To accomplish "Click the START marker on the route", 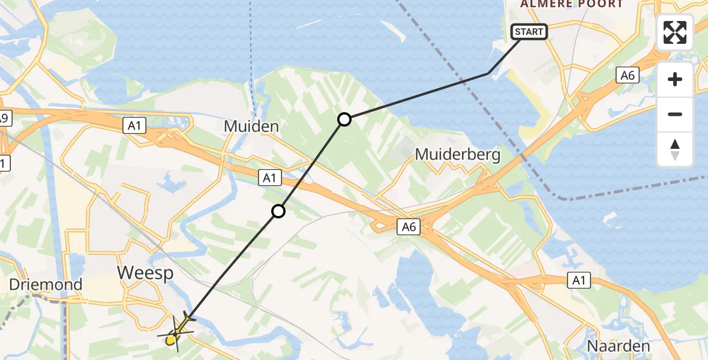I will pyautogui.click(x=529, y=32).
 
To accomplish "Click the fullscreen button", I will pyautogui.click(x=675, y=32).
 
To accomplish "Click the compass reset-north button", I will pyautogui.click(x=675, y=149).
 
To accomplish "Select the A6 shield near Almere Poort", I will pyautogui.click(x=628, y=75).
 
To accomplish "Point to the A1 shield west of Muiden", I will pyautogui.click(x=134, y=125).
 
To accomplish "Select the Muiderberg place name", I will pyautogui.click(x=458, y=155).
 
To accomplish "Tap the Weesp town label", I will pyautogui.click(x=145, y=272).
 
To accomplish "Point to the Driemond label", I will pyautogui.click(x=46, y=284).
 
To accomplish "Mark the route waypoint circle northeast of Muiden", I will pyautogui.click(x=344, y=119).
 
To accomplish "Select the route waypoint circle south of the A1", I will pyautogui.click(x=278, y=211).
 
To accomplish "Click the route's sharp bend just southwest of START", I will pyautogui.click(x=489, y=73).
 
